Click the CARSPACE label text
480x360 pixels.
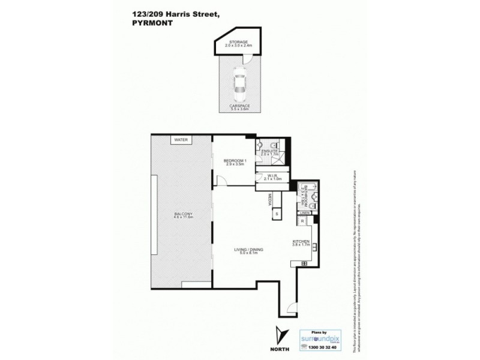click(239, 106)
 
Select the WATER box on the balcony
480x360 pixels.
click(181, 140)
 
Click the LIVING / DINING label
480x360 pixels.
click(249, 249)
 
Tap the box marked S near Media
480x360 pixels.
click(277, 214)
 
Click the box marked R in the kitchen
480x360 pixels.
click(302, 221)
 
